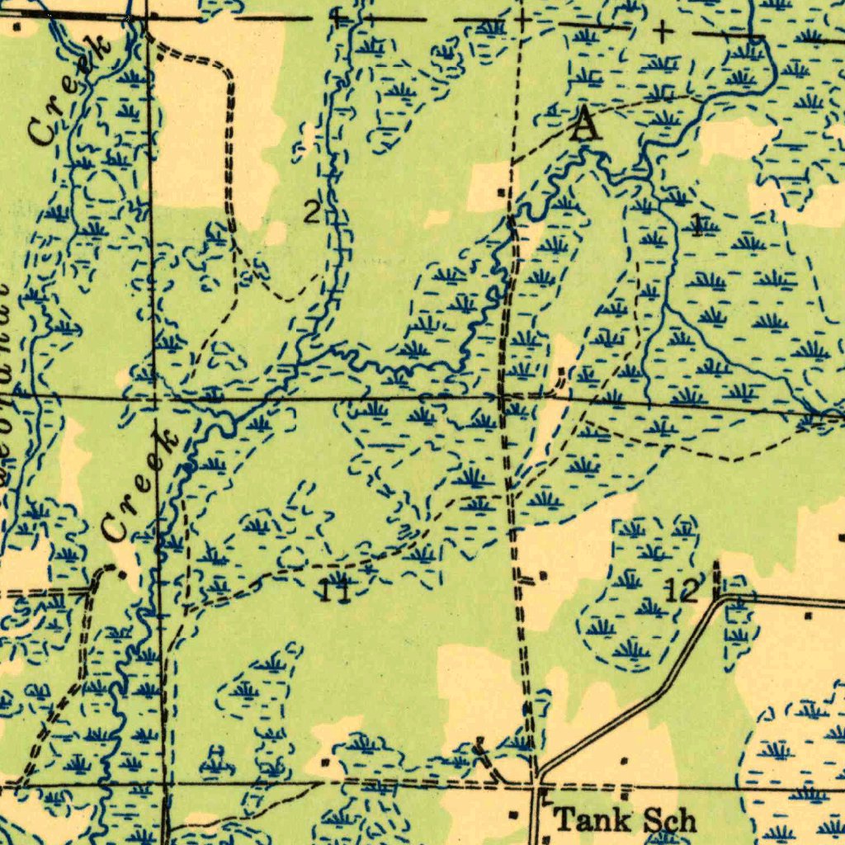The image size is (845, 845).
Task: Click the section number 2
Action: [x=311, y=214]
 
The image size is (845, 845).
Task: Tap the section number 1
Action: [x=698, y=224]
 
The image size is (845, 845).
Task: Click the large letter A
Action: [x=584, y=125]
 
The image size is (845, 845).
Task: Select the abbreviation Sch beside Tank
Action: [x=668, y=820]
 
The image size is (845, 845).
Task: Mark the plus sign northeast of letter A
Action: [x=662, y=32]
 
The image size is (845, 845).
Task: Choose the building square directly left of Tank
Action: [x=513, y=815]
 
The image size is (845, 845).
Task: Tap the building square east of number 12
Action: [x=806, y=615]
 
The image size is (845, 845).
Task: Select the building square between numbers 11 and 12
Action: [x=542, y=574]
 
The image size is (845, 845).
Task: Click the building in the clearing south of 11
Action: [x=328, y=761]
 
